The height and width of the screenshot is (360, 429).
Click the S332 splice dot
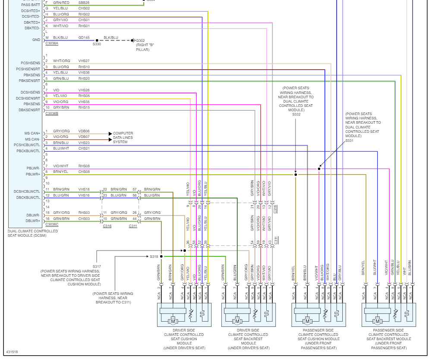click(296, 175)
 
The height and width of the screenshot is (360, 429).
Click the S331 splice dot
click(319, 169)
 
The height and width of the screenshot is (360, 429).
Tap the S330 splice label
click(97, 44)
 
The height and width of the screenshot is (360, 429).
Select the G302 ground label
click(141, 41)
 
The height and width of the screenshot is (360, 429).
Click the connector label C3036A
click(52, 44)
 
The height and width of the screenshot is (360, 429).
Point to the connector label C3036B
click(52, 113)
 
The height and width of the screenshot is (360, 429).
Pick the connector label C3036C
click(52, 224)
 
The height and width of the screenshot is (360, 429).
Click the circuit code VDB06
click(84, 131)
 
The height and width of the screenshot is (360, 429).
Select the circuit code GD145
click(84, 38)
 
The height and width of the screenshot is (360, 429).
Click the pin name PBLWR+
click(32, 174)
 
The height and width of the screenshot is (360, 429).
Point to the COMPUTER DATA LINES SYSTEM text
click(123, 138)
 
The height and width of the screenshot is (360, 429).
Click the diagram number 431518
click(12, 352)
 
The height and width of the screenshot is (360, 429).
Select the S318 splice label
click(154, 257)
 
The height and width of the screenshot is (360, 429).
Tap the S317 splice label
click(97, 266)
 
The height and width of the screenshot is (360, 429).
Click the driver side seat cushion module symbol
click(184, 316)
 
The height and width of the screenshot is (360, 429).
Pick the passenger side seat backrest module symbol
click(388, 316)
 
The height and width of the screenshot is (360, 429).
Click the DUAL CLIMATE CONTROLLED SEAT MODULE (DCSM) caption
click(33, 233)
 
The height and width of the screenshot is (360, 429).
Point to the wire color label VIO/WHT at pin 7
click(61, 166)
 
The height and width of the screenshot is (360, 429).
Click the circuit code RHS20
click(84, 78)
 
